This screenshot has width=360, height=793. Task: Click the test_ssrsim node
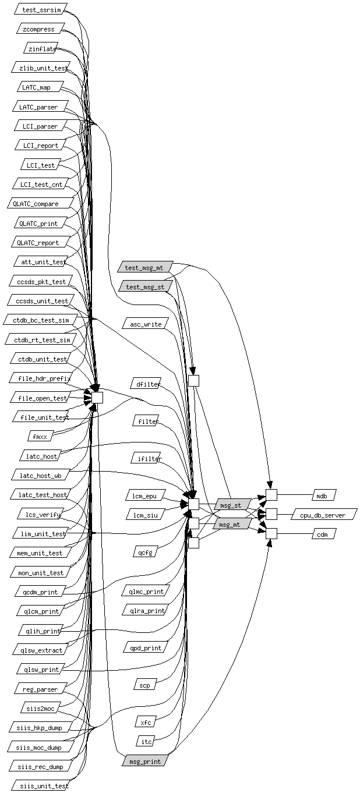click(41, 10)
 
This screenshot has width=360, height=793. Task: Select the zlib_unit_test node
click(41, 68)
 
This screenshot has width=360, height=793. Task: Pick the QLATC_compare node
click(40, 204)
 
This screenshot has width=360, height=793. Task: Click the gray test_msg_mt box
click(144, 268)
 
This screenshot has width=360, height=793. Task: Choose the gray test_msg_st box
click(145, 286)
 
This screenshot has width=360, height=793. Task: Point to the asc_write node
click(146, 324)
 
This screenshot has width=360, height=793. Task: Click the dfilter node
click(146, 384)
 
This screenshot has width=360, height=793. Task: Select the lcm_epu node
click(145, 496)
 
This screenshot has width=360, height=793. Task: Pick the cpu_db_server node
click(323, 515)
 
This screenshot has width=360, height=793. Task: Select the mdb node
click(322, 496)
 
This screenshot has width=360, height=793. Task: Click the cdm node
click(322, 534)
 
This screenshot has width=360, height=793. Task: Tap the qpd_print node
click(144, 647)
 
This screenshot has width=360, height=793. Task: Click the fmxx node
click(41, 436)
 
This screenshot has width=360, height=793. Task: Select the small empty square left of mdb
click(271, 495)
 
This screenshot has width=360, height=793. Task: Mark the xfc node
click(146, 723)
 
